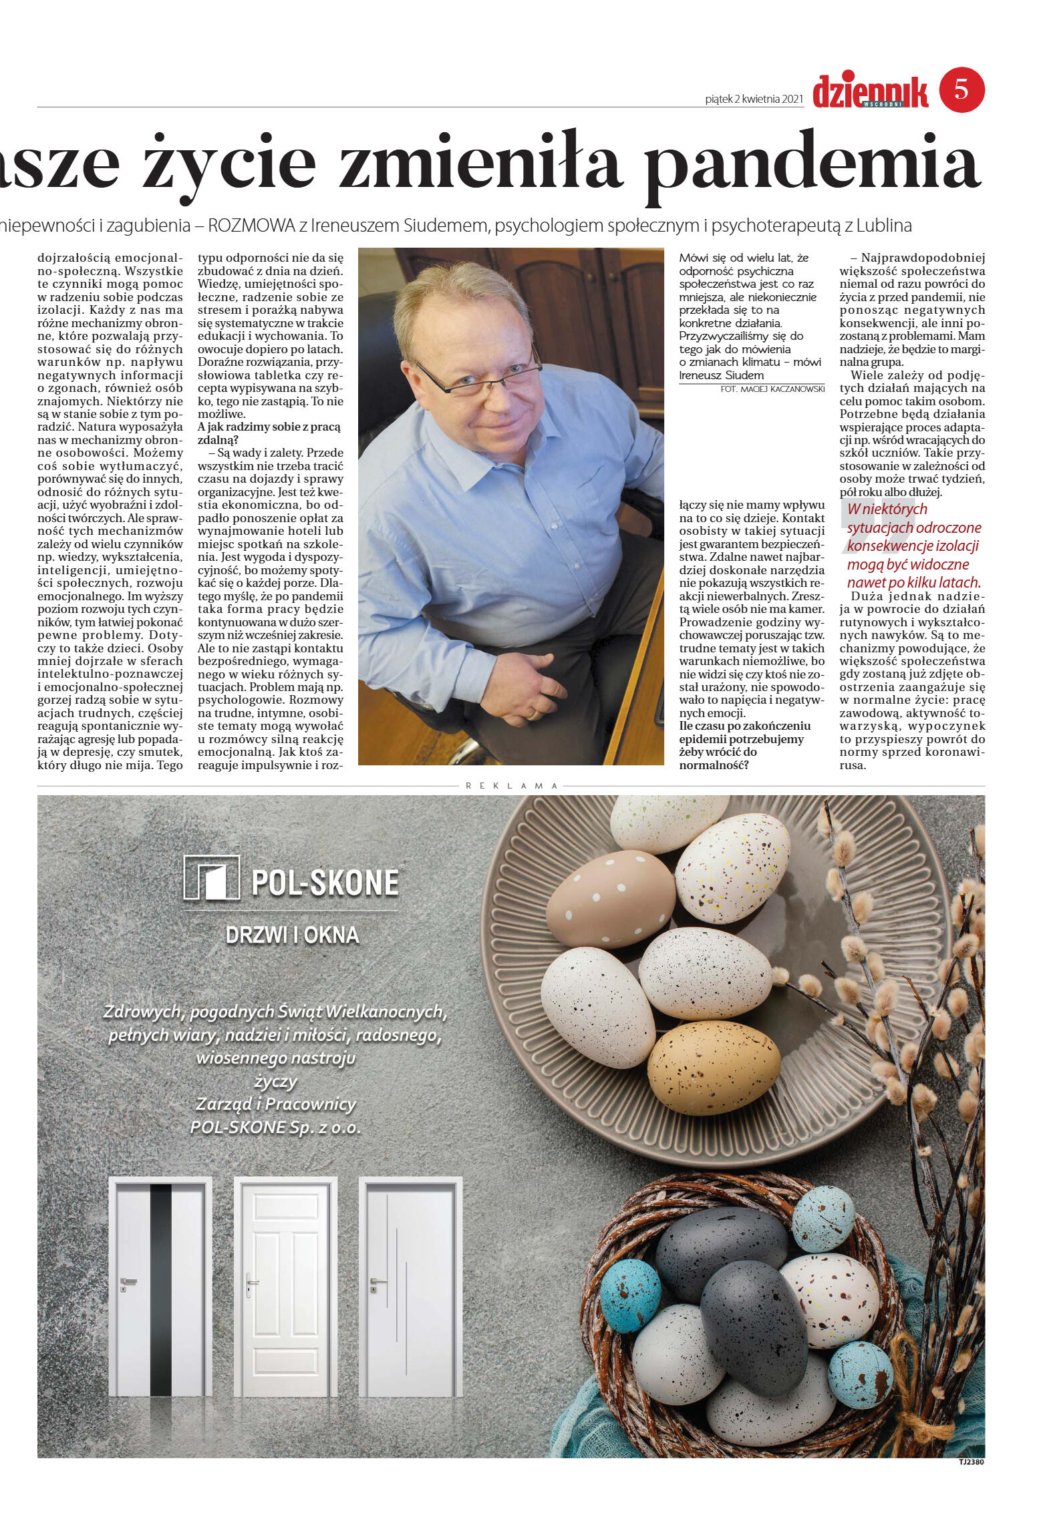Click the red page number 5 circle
tap(961, 90)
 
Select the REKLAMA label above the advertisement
tap(511, 786)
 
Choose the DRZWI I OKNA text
tap(292, 935)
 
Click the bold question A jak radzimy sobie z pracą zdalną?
tap(269, 433)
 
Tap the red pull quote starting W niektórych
tap(913, 545)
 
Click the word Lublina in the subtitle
tap(883, 226)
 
